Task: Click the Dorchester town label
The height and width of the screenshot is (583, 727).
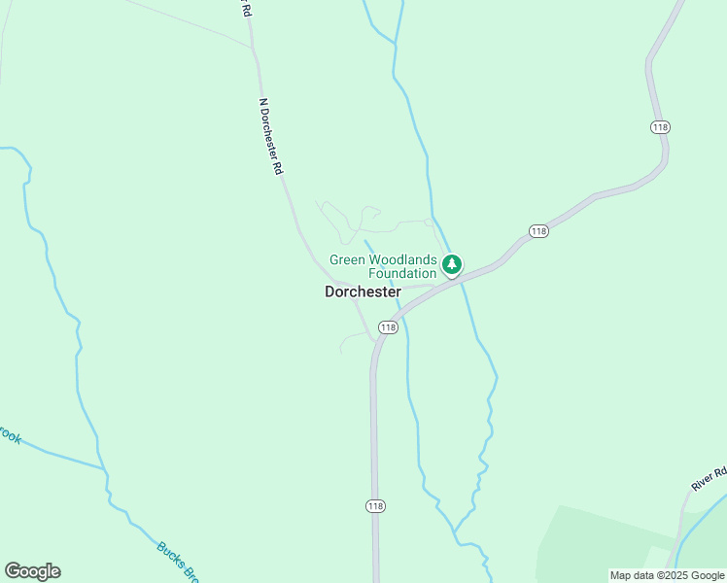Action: tap(363, 291)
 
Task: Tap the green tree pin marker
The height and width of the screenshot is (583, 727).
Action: tap(451, 263)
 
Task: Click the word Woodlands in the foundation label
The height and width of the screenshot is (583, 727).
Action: tap(401, 259)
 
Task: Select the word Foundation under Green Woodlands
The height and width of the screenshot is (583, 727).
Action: tap(401, 274)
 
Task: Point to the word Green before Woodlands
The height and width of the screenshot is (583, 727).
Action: tap(347, 259)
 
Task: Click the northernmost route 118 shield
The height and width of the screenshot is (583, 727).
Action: tap(661, 127)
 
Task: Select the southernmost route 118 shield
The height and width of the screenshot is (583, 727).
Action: tap(375, 506)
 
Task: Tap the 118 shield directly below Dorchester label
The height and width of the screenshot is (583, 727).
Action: tap(388, 328)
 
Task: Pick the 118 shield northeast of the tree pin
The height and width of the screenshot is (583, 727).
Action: tap(539, 230)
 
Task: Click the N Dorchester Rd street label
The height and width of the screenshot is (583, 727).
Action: tap(270, 135)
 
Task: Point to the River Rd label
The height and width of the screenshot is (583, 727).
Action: tap(709, 479)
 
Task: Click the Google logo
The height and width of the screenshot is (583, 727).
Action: tap(32, 571)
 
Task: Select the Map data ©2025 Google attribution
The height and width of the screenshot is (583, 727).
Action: tap(667, 575)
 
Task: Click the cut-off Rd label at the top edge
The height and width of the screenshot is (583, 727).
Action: tap(246, 9)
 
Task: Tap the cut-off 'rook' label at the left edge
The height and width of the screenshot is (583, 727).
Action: tap(9, 437)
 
